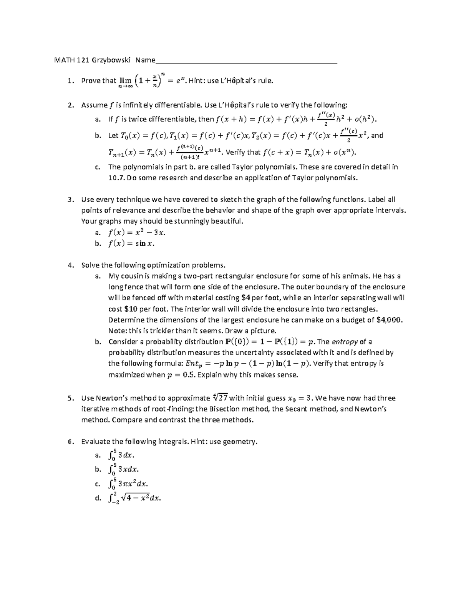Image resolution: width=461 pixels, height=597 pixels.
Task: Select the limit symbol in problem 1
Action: [x=125, y=81]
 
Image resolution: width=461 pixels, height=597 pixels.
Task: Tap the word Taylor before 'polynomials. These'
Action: [x=242, y=167]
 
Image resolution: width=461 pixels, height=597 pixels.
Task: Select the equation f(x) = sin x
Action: [x=131, y=243]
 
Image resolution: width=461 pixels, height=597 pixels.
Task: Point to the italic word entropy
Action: [x=344, y=341]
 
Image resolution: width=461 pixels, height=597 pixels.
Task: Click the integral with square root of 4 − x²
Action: [x=134, y=498]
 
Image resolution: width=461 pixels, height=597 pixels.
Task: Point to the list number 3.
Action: [x=69, y=200]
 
